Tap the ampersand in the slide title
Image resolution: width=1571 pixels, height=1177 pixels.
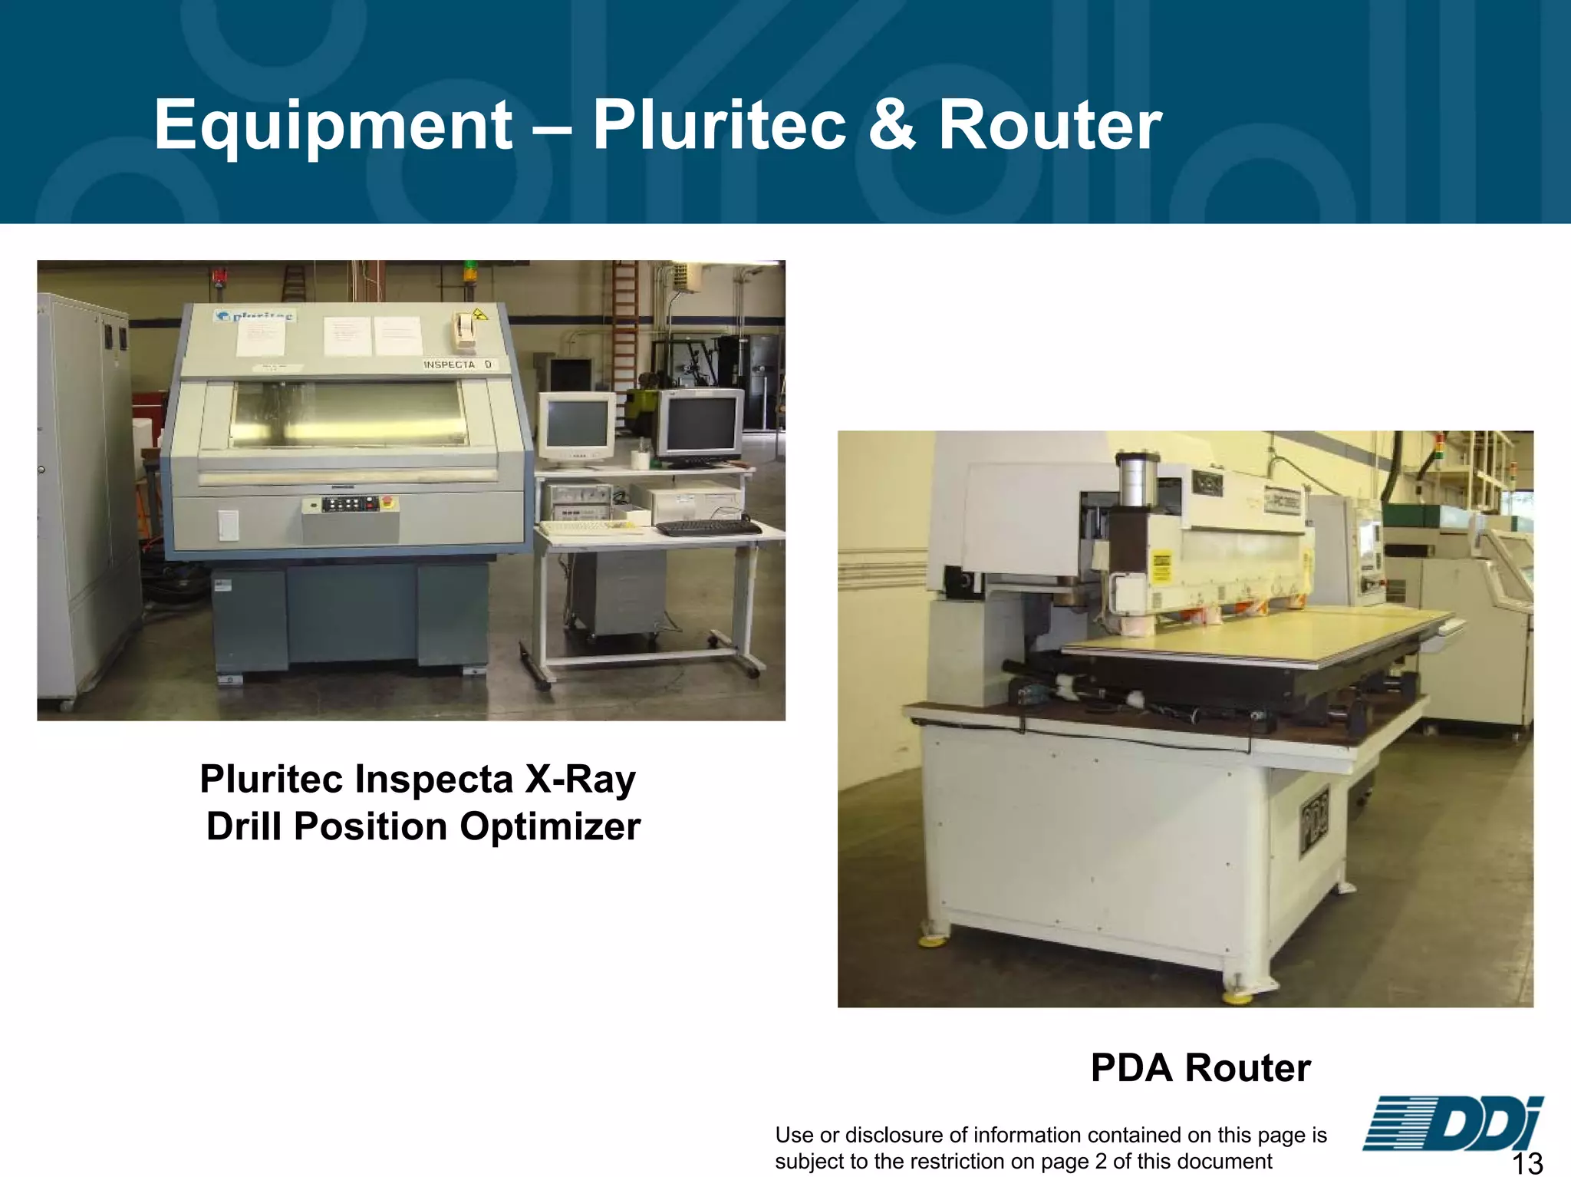tap(892, 125)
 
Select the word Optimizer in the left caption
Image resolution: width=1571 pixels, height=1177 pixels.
tap(550, 826)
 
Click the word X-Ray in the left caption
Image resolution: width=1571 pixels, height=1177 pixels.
tap(580, 779)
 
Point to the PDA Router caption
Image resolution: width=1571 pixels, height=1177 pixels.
tap(1200, 1067)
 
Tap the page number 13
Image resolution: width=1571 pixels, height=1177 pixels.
tap(1527, 1162)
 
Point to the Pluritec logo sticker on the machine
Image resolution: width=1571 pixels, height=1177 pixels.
tap(254, 316)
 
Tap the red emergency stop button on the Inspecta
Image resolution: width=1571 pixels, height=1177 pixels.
tap(386, 503)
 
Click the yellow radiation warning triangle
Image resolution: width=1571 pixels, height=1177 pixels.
tap(480, 314)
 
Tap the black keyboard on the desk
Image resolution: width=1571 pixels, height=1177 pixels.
tap(707, 528)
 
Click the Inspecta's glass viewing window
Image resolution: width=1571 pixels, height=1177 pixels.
tap(350, 414)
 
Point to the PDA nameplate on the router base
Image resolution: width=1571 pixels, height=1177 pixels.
tap(1314, 821)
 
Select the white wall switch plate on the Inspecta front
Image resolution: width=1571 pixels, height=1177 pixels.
tap(228, 526)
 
